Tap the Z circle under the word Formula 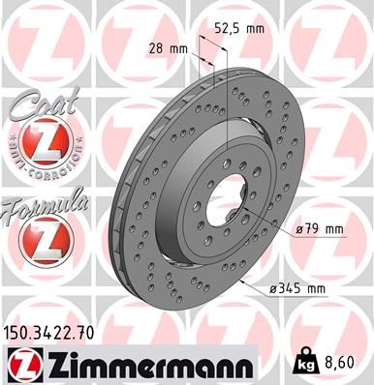click(41, 238)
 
